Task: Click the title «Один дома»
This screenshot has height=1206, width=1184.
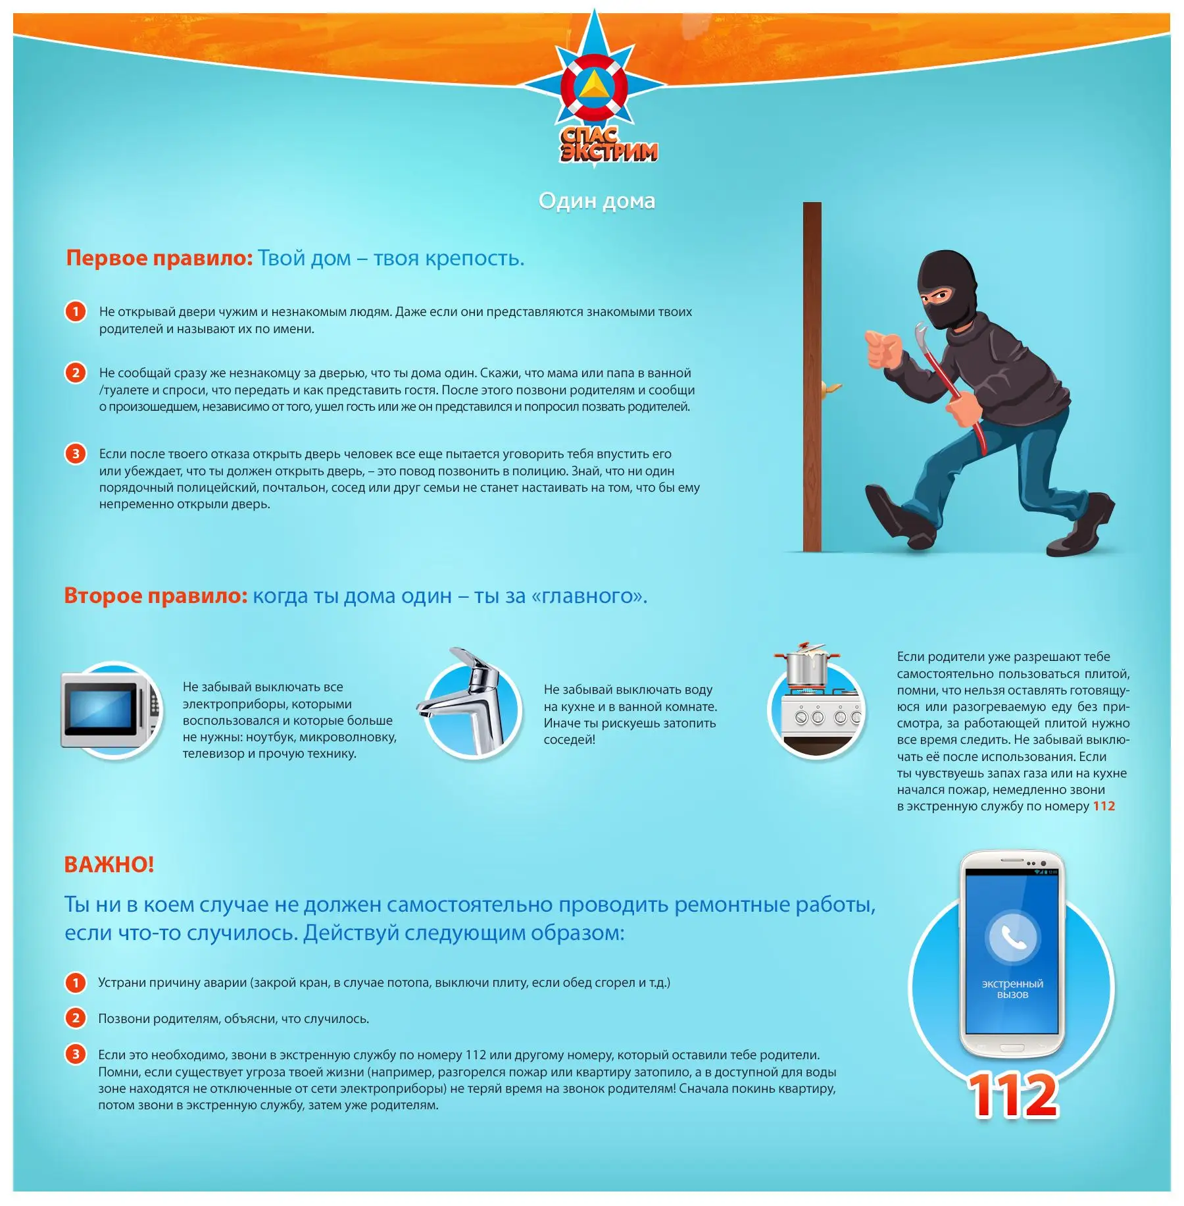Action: coord(597,201)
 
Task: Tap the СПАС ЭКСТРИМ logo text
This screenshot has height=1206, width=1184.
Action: coord(608,145)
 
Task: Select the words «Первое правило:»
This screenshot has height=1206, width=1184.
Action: coord(159,258)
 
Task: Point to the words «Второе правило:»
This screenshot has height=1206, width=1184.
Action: coord(156,596)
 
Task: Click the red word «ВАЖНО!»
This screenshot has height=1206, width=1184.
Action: coord(109,864)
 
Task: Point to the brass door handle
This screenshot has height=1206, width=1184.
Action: coord(831,388)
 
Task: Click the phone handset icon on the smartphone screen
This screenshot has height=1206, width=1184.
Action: coord(1013,937)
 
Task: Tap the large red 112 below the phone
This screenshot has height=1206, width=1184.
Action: coord(1013,1095)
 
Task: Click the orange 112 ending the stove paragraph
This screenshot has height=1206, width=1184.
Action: coord(1104,806)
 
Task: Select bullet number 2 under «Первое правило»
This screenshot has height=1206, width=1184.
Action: coord(76,373)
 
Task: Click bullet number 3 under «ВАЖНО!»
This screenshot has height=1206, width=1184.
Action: coord(76,1055)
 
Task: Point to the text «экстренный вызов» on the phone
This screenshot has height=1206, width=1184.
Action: coord(1012,989)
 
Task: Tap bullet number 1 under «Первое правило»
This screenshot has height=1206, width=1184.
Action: coord(76,311)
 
